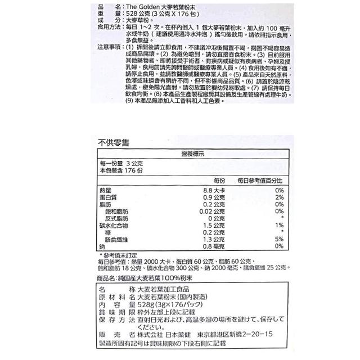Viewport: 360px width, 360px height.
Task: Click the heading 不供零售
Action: pos(114,142)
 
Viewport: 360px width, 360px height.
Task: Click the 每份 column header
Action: pos(219,180)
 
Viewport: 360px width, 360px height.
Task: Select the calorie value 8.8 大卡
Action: pos(213,191)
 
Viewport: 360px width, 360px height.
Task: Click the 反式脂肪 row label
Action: pos(119,218)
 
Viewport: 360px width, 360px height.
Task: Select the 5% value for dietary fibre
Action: pos(279,238)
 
